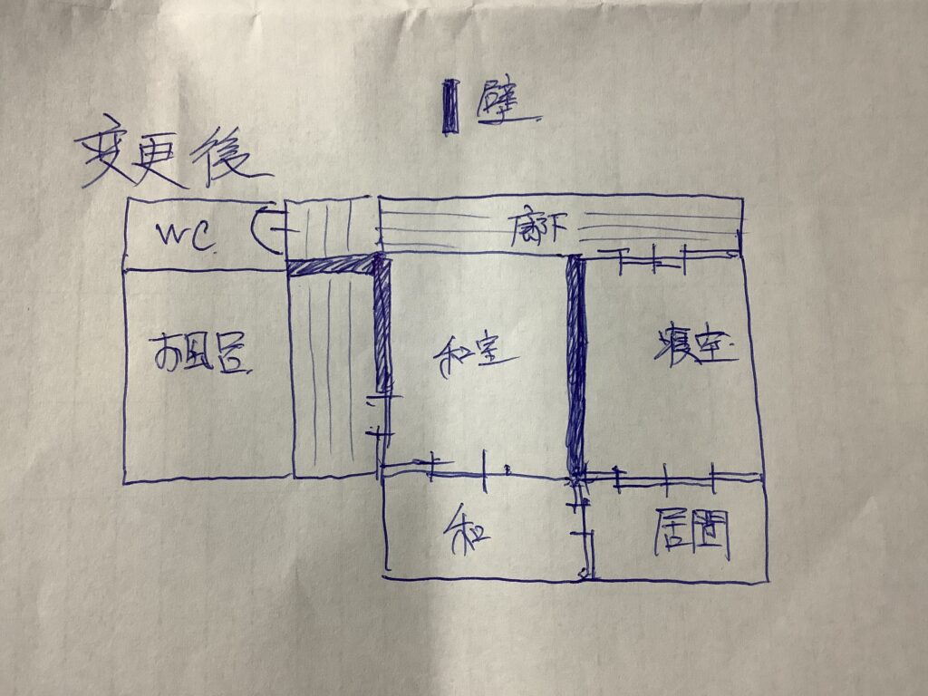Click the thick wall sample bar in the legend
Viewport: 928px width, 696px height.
point(449,107)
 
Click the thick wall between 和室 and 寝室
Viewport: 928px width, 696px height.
point(575,362)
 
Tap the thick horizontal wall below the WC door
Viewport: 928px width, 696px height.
point(332,265)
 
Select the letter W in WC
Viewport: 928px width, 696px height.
point(172,237)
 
